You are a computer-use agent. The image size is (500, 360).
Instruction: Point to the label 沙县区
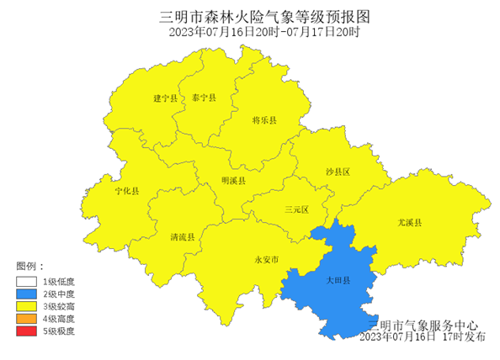click(338, 172)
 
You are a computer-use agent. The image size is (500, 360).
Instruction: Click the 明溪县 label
click(233, 181)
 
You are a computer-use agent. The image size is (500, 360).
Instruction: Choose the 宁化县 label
click(127, 192)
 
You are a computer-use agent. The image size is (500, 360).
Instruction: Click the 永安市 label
click(266, 259)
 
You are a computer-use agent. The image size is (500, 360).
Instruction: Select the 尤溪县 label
click(410, 222)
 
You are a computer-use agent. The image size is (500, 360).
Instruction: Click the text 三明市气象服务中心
click(423, 325)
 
